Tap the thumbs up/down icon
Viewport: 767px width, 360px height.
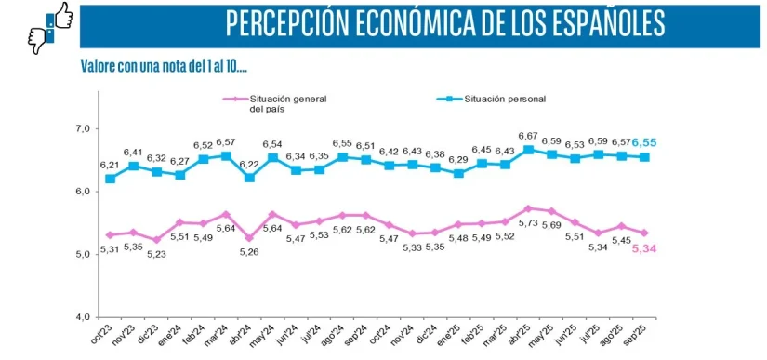click(51, 27)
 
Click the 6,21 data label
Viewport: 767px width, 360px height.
click(110, 165)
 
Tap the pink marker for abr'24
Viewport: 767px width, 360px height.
click(249, 238)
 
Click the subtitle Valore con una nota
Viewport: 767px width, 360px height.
click(163, 67)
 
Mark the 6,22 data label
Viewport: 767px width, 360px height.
click(249, 164)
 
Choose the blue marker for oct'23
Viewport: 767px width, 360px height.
click(111, 178)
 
